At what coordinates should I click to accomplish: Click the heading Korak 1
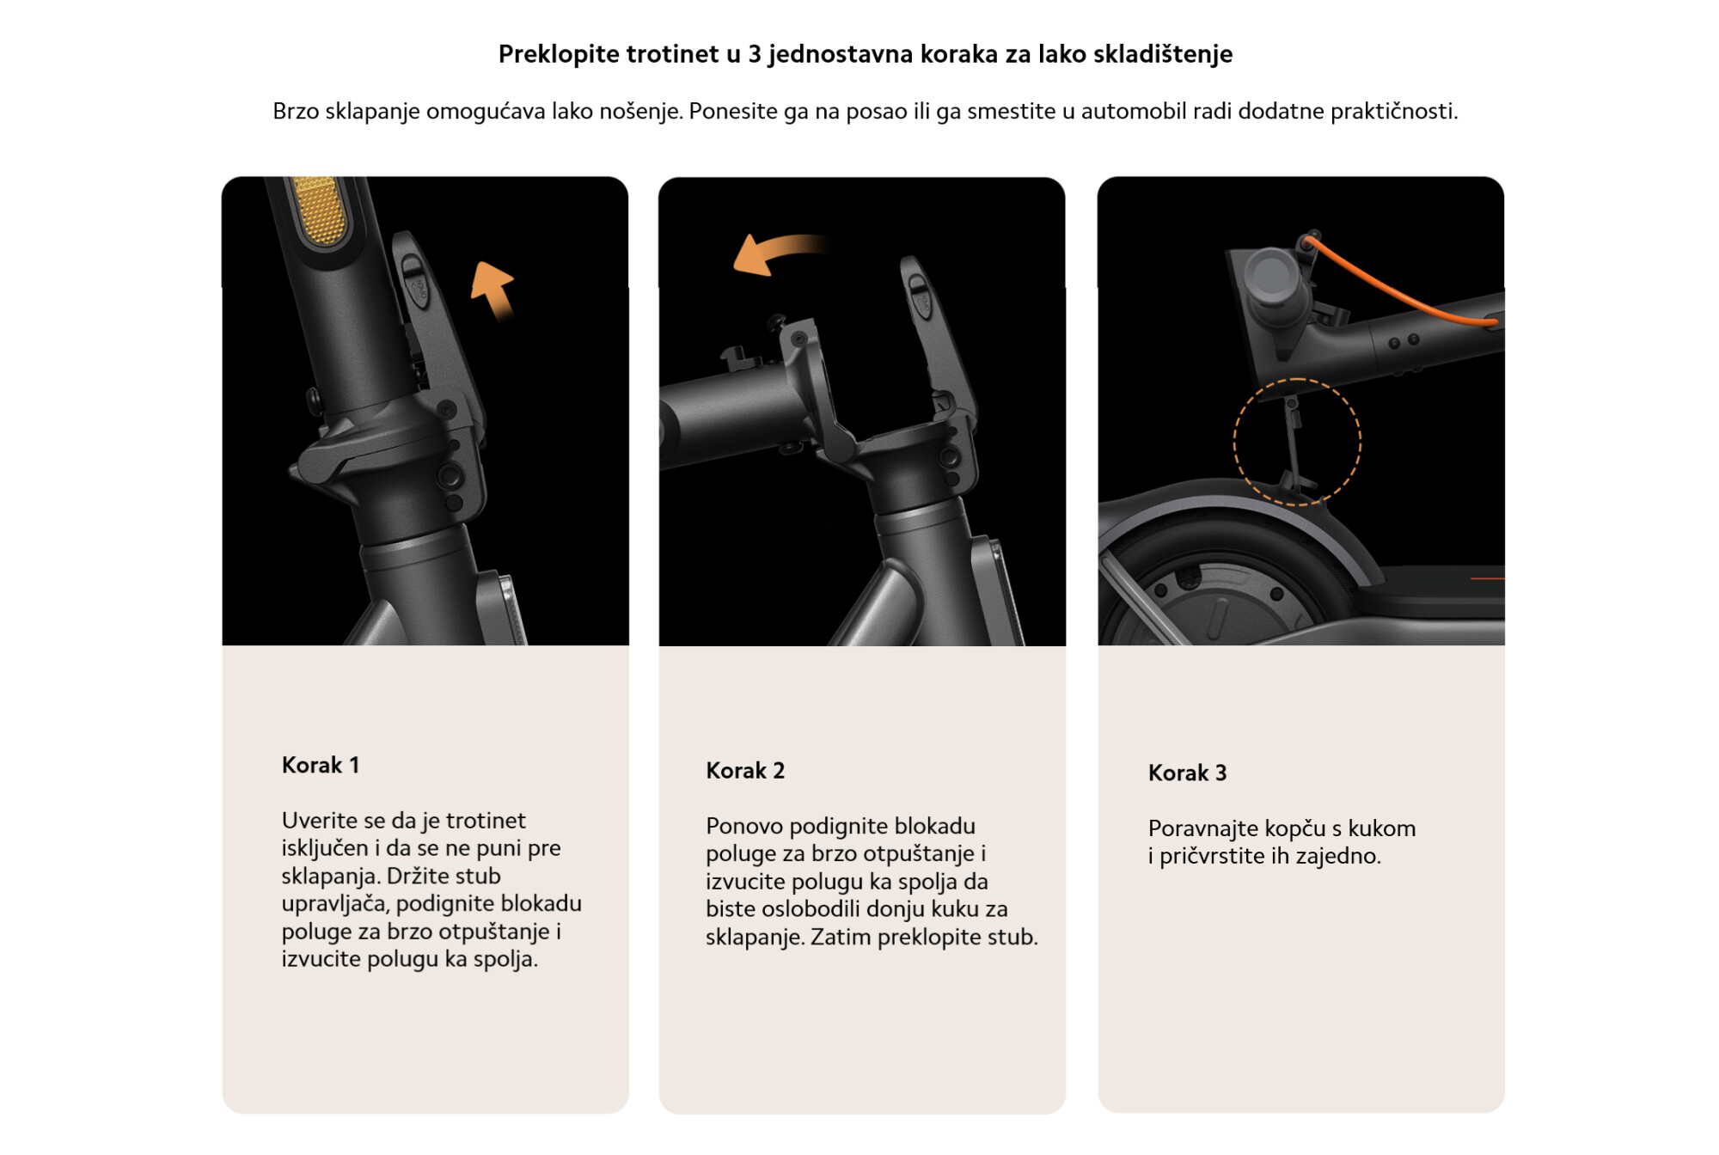(321, 765)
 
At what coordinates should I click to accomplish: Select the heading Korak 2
(745, 770)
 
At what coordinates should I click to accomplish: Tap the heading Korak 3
(1187, 773)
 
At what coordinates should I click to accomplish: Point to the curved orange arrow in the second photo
(778, 250)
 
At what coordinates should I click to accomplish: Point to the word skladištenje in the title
(1163, 54)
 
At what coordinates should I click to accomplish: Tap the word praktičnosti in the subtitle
(1394, 111)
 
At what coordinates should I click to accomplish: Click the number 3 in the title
(755, 54)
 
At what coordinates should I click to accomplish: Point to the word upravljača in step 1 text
(335, 904)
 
